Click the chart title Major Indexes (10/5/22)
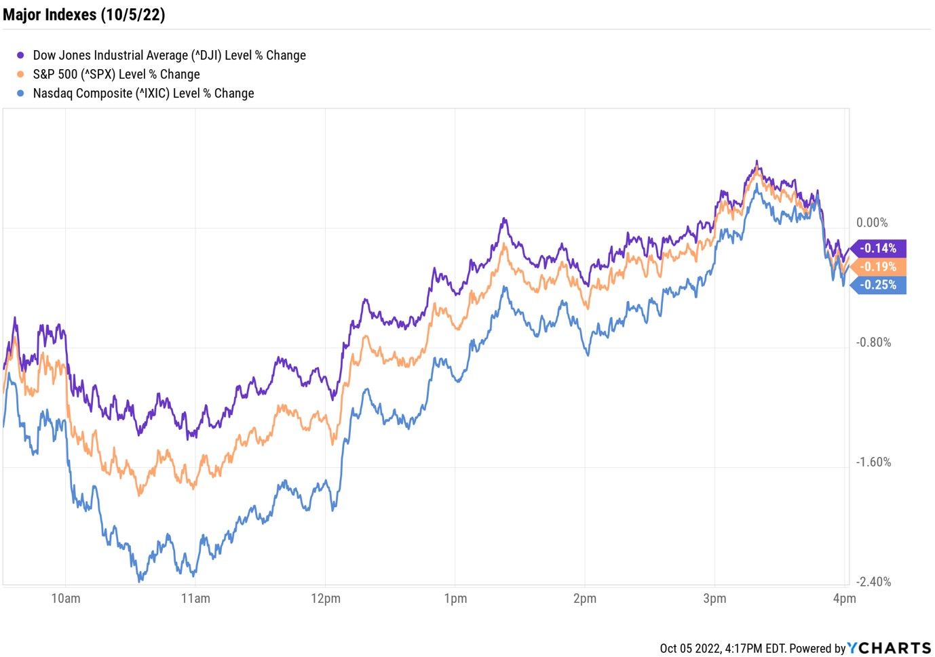tap(84, 15)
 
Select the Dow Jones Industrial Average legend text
tap(169, 56)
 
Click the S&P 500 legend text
tap(116, 75)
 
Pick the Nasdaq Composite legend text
tap(143, 94)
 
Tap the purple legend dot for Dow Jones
tap(20, 56)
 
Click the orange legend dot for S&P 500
tap(20, 75)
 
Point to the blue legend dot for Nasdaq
tap(20, 94)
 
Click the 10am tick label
tap(66, 599)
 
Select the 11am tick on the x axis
tap(195, 599)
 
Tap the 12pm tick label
tap(326, 599)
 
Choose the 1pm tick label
tap(455, 599)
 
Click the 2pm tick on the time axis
tap(585, 599)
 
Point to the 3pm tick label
tap(714, 599)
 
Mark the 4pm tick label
tap(844, 599)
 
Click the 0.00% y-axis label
tap(872, 223)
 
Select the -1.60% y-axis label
tap(873, 462)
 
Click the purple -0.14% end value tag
tap(879, 249)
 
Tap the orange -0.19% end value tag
tap(879, 267)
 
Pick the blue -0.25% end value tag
tap(879, 285)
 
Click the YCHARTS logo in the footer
tap(889, 648)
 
